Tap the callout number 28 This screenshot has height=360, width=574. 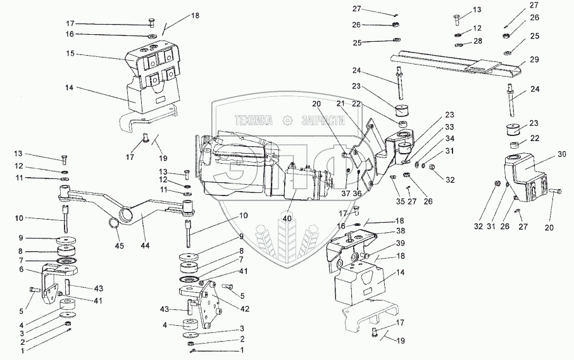[477, 41]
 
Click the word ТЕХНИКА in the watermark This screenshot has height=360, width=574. [253, 119]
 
